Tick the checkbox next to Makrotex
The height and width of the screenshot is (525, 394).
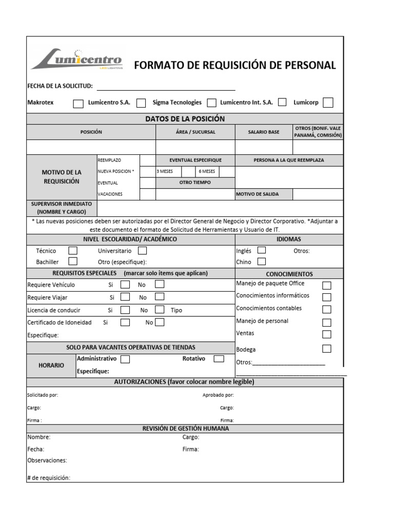(78, 104)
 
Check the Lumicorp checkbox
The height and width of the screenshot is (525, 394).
(328, 103)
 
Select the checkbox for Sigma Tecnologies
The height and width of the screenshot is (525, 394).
(211, 103)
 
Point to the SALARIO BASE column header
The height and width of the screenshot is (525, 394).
(264, 132)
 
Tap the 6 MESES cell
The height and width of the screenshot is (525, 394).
(207, 171)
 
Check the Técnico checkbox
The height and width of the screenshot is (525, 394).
(73, 251)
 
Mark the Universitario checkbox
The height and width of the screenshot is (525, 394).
(143, 251)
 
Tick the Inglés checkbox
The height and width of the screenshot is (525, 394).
(262, 250)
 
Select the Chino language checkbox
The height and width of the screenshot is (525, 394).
(262, 261)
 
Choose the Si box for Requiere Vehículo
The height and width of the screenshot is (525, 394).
(125, 284)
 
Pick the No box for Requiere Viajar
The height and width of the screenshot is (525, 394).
(160, 296)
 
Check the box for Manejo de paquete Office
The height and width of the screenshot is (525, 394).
(326, 285)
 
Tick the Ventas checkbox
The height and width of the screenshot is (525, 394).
(326, 334)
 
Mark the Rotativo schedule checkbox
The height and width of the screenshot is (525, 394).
(219, 359)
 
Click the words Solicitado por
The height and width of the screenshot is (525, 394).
(43, 395)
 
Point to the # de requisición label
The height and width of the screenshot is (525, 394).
(49, 478)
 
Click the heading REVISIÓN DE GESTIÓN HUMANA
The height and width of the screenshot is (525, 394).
(185, 429)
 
